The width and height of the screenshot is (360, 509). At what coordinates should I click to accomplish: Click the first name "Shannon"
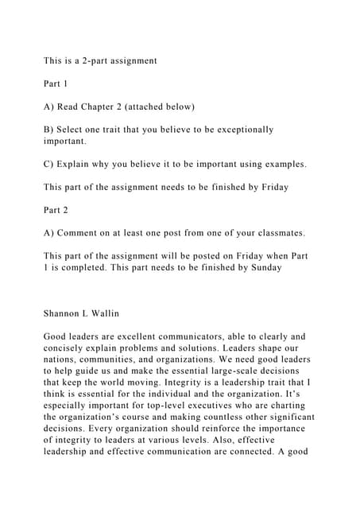67,313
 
